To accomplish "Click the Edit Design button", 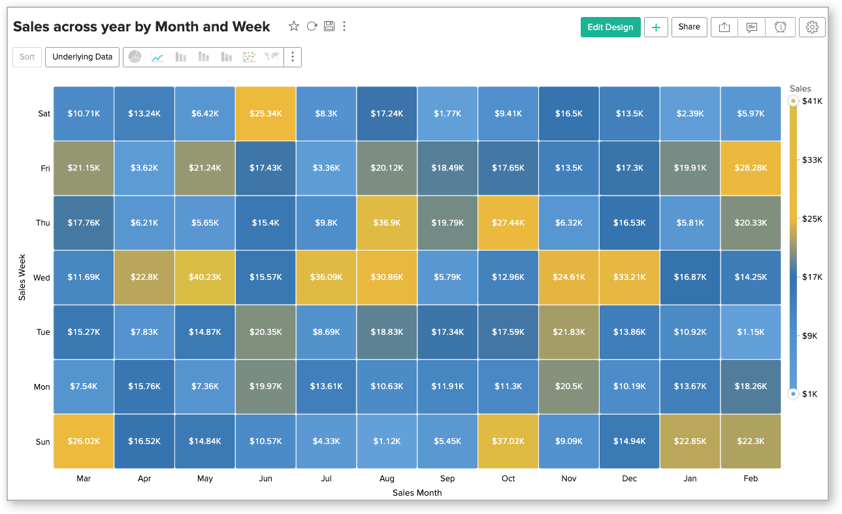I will tap(610, 27).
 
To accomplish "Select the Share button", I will tap(689, 27).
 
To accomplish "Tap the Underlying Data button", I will tap(82, 57).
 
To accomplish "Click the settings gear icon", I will tap(812, 27).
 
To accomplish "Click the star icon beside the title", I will tap(294, 26).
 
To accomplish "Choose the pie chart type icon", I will tap(135, 57).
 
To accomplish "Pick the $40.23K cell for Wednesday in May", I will tap(205, 277).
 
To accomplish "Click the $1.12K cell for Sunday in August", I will tap(387, 441).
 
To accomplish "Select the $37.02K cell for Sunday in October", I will tap(508, 441).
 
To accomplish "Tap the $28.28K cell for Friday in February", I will tap(751, 168).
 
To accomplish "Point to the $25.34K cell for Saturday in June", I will tap(266, 114).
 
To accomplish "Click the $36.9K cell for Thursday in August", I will tap(387, 223).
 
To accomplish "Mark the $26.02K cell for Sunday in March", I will tap(84, 441).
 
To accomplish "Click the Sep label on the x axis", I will tap(447, 479).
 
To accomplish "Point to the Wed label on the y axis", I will tap(42, 278).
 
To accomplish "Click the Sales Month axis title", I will tap(417, 493).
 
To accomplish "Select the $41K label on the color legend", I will tap(813, 101).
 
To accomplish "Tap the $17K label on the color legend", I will tap(813, 277).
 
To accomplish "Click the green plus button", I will tap(656, 27).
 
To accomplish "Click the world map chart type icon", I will tap(272, 57).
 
